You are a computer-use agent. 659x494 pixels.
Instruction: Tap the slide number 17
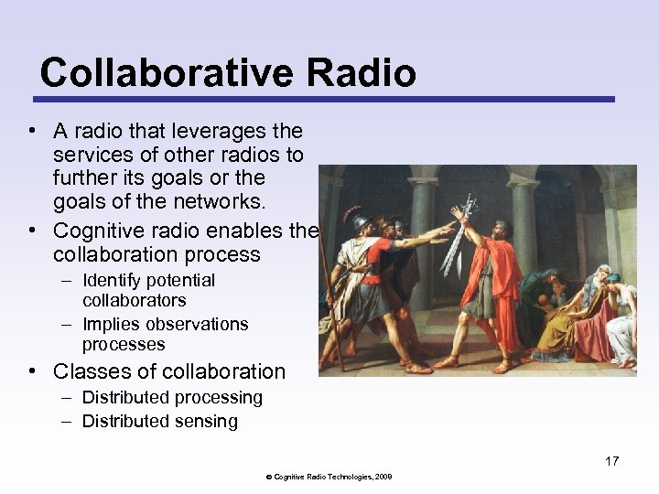pos(611,461)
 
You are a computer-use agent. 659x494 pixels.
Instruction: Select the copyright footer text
pos(329,477)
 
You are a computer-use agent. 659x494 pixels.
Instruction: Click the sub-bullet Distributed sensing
pos(160,422)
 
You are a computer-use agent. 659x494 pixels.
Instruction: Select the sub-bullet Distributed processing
pos(172,398)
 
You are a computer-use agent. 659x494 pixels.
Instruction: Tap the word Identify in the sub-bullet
pos(112,281)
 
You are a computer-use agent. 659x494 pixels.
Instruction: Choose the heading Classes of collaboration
pos(169,371)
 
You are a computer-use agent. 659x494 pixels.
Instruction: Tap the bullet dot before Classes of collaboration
pos(32,371)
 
